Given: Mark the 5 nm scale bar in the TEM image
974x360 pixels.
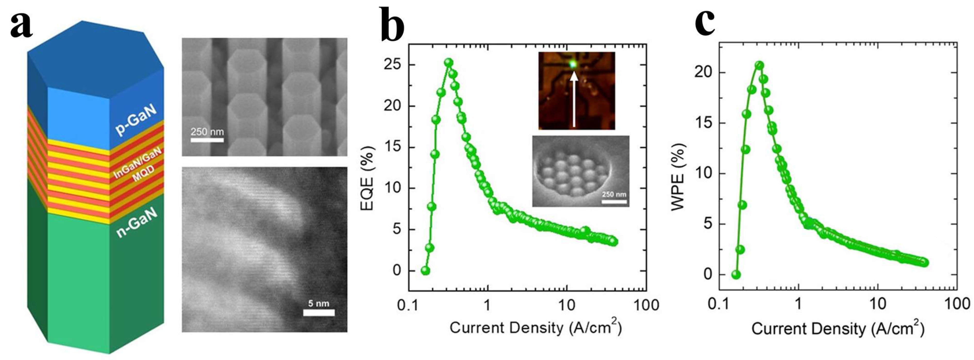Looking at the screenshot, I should (319, 312).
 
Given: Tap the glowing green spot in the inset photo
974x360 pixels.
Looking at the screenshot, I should (573, 64).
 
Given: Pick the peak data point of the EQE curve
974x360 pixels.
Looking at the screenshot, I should (449, 62).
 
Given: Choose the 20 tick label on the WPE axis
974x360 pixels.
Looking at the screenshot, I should (703, 73).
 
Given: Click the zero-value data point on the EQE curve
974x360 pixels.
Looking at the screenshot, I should (425, 270).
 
